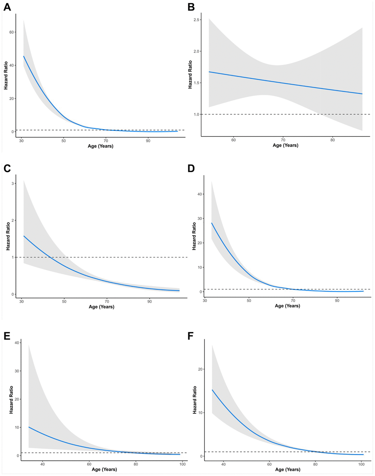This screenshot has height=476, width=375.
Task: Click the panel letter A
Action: tap(7, 7)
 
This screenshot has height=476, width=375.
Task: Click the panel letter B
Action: tap(191, 7)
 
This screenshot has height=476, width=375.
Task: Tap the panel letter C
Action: tap(7, 169)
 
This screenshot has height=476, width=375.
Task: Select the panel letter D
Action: tap(191, 169)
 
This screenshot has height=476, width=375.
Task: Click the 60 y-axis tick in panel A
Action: tap(12, 32)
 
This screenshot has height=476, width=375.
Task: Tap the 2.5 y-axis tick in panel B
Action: tap(197, 20)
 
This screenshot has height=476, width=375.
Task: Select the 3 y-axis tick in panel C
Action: tap(13, 184)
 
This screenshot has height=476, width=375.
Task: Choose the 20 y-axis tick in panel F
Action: tap(200, 369)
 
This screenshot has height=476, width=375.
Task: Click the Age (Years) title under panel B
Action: tap(285, 145)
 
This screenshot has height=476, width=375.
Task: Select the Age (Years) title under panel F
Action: tap(287, 469)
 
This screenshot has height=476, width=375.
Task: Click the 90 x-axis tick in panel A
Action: tap(148, 141)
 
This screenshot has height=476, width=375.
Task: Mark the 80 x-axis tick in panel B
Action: tap(333, 140)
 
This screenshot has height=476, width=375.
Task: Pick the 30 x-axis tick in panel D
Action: tap(205, 300)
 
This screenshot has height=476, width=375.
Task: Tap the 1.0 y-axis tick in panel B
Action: tap(197, 115)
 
